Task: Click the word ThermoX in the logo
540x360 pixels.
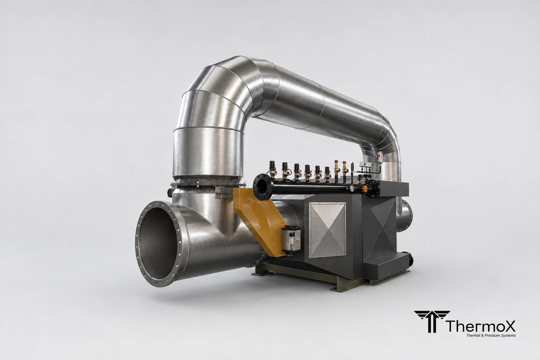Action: [x=481, y=326]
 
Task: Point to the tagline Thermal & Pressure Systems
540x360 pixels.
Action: [x=491, y=335]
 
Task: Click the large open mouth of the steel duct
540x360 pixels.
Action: [x=160, y=244]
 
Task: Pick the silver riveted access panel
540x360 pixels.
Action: [x=327, y=230]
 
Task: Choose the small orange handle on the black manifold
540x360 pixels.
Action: [x=366, y=188]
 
